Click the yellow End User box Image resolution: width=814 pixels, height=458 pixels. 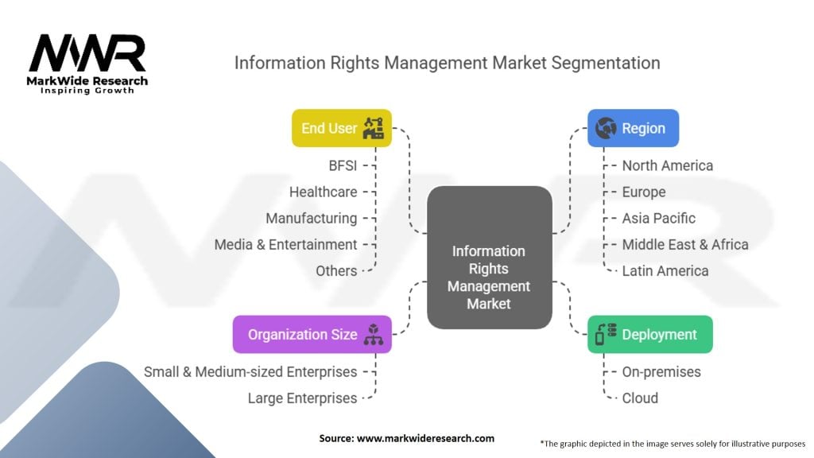point(342,128)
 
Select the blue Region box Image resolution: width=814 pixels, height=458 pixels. point(633,128)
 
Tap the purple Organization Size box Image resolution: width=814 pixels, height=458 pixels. point(312,334)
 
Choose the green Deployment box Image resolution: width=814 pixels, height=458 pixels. point(649,334)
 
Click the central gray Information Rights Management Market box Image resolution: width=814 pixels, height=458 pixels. point(489,258)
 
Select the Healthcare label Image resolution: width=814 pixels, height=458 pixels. point(323,192)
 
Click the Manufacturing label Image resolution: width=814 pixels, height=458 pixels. point(311,218)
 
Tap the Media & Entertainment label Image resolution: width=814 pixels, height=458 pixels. point(285,244)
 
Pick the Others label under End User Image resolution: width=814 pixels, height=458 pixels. point(335,270)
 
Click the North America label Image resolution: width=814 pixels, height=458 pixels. point(667,165)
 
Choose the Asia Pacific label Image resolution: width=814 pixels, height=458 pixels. point(658,218)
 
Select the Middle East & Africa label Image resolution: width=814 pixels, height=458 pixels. point(684,244)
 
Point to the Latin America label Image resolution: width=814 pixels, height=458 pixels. point(665,270)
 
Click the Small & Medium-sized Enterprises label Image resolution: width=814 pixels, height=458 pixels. point(250,371)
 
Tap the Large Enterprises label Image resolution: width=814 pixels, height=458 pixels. point(302,398)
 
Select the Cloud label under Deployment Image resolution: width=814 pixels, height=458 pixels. point(640,398)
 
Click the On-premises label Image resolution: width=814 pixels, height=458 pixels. point(661,371)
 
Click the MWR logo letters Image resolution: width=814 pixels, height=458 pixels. point(87,54)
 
